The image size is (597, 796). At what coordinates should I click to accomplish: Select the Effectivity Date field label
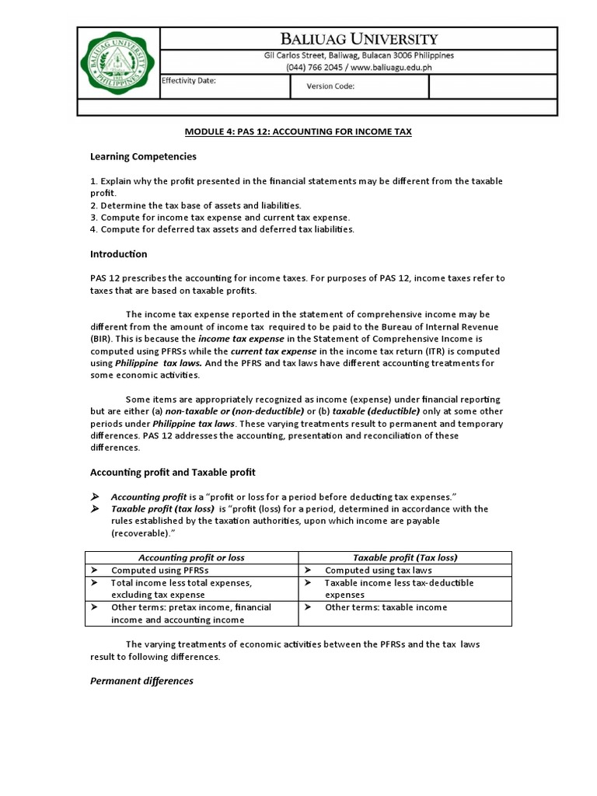click(189, 81)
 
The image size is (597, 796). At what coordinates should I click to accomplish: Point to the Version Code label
click(330, 86)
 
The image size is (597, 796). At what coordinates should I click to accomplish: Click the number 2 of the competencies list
click(93, 205)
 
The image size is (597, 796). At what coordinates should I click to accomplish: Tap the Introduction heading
click(118, 254)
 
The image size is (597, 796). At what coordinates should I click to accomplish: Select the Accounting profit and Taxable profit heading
click(173, 472)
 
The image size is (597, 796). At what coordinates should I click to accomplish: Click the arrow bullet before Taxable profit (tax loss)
click(96, 509)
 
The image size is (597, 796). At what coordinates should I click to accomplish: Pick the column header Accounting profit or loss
click(191, 557)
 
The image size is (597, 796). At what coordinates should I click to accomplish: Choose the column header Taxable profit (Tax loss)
click(405, 557)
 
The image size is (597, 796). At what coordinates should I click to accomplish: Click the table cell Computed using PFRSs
click(155, 570)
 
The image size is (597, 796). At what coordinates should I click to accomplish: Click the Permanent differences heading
click(141, 681)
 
